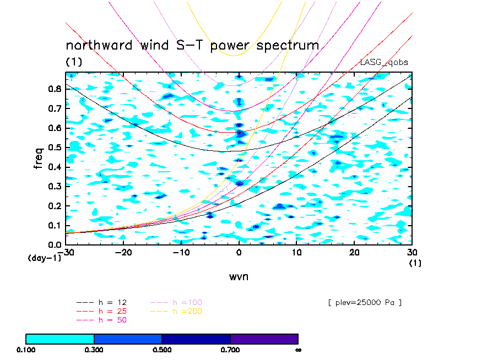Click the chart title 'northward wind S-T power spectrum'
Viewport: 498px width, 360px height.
[x=192, y=45]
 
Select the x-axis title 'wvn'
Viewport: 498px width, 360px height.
[x=239, y=276]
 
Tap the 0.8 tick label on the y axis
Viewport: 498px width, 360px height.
[x=53, y=89]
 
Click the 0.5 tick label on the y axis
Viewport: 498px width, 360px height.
[x=53, y=148]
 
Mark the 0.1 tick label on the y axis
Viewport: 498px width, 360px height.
[x=53, y=225]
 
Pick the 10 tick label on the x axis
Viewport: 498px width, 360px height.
[x=296, y=252]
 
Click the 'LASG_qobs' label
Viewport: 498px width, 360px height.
[x=384, y=62]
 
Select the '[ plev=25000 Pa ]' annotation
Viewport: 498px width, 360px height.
[x=364, y=302]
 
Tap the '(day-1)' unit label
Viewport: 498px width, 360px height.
[x=44, y=258]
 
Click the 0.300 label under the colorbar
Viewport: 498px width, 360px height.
[x=94, y=350]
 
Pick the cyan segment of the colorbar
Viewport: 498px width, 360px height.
[x=60, y=339]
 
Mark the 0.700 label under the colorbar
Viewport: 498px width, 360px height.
[x=230, y=350]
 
